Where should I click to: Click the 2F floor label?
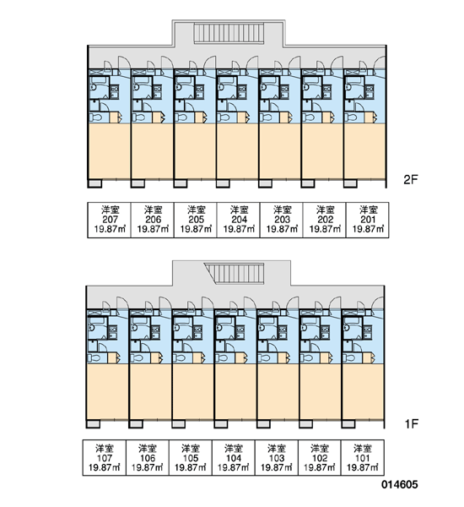410,179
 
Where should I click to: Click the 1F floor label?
412,423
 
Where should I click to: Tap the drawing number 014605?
400,484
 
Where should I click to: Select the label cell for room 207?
110,220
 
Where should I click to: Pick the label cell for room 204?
238,220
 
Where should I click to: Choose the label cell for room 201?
368,220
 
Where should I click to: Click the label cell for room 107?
105,457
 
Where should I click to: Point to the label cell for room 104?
234,457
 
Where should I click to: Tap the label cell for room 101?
363,457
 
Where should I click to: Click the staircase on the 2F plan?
229,33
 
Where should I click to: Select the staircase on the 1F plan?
235,273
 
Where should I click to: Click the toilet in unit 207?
97,117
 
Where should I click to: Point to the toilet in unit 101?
351,358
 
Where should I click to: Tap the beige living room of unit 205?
195,151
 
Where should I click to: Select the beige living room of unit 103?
278,391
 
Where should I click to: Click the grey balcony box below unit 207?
95,183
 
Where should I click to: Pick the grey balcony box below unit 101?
348,423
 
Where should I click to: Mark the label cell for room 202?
325,220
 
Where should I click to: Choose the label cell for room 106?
148,457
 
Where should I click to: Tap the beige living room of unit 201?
364,151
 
